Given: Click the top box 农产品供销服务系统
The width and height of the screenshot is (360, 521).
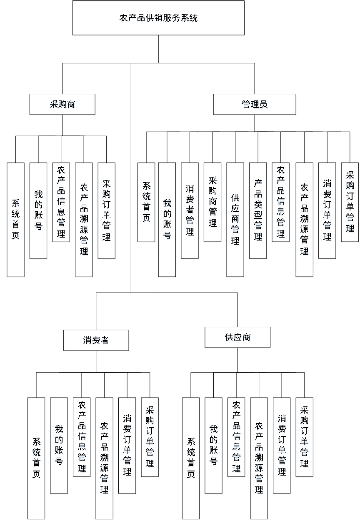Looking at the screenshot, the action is pyautogui.click(x=158, y=18).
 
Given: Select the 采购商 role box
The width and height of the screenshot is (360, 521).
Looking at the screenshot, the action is pyautogui.click(x=62, y=105).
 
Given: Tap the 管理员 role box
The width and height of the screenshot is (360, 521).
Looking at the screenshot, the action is pyautogui.click(x=255, y=105).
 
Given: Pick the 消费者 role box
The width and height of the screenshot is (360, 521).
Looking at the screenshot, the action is pyautogui.click(x=96, y=341).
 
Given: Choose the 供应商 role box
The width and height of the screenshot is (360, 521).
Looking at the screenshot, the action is pyautogui.click(x=238, y=338).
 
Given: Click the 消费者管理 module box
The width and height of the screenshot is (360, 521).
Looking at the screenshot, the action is pyautogui.click(x=189, y=211).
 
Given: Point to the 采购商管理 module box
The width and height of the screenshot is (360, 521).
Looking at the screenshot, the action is pyautogui.click(x=212, y=203).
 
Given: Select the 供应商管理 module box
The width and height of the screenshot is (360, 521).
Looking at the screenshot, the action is pyautogui.click(x=235, y=220).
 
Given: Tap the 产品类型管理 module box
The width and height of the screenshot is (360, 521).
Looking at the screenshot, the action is pyautogui.click(x=258, y=211).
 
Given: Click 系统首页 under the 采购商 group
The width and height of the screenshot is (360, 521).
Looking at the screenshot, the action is pyautogui.click(x=15, y=220).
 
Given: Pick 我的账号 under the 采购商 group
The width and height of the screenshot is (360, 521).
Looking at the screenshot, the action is pyautogui.click(x=38, y=211).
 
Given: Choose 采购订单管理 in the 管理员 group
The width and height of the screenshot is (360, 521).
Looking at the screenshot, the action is pyautogui.click(x=350, y=203).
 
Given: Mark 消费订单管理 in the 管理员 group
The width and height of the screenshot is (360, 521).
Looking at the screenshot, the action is pyautogui.click(x=327, y=211).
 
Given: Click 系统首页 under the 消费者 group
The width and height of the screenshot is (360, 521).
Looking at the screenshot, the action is pyautogui.click(x=37, y=458).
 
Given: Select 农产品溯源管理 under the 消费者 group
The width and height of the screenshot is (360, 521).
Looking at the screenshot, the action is pyautogui.click(x=104, y=458).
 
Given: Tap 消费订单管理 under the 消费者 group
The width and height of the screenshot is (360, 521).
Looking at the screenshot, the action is pyautogui.click(x=127, y=446).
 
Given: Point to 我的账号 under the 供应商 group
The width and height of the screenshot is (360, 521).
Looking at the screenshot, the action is pyautogui.click(x=214, y=446).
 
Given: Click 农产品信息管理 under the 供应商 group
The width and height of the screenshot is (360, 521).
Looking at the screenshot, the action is pyautogui.click(x=236, y=438).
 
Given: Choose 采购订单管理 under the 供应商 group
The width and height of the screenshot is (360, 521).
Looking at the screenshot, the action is pyautogui.click(x=305, y=438).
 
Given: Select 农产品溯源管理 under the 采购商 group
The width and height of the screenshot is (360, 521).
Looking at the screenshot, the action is pyautogui.click(x=84, y=220).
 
